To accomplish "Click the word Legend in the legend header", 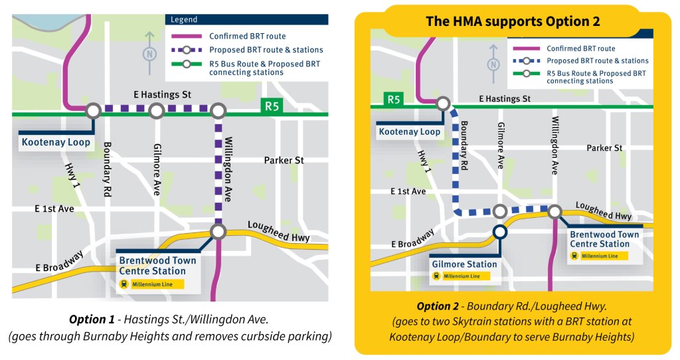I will (x=184, y=20).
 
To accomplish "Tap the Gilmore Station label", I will (x=464, y=264).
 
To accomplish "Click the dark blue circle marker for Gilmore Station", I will (x=500, y=232).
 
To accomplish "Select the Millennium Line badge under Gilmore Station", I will (x=458, y=276).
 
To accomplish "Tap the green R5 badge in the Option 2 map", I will (x=394, y=100).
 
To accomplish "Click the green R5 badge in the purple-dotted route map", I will (x=272, y=106).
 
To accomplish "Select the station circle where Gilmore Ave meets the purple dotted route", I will (x=156, y=110).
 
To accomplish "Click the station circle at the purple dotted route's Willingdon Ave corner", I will (x=218, y=110).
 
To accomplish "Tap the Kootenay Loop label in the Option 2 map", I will (x=410, y=132).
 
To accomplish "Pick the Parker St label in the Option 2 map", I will (x=604, y=147).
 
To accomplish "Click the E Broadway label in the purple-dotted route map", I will (x=60, y=262).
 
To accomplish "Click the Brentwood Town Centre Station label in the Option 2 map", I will (x=604, y=239).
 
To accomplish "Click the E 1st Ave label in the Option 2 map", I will (x=408, y=191).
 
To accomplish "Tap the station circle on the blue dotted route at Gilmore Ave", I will (x=500, y=211).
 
